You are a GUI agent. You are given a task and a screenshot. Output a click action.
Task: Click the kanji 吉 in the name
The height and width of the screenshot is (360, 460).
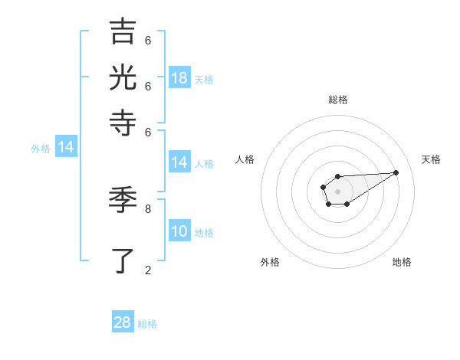click(123, 32)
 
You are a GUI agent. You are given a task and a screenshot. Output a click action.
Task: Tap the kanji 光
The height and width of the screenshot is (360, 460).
click(123, 78)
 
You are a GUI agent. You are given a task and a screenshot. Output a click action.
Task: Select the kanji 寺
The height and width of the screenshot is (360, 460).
click(123, 123)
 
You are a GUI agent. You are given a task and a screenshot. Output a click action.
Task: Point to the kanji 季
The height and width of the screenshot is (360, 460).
click(123, 201)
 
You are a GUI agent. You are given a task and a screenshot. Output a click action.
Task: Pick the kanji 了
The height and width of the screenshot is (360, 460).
click(123, 260)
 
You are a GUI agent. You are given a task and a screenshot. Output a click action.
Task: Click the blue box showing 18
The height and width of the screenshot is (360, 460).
click(179, 78)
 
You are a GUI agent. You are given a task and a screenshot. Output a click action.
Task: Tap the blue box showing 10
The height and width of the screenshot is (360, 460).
click(179, 232)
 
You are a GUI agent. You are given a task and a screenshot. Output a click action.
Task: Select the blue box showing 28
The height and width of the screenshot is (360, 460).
click(123, 322)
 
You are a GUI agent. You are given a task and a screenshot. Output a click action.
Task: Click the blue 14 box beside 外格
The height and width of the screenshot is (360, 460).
click(65, 148)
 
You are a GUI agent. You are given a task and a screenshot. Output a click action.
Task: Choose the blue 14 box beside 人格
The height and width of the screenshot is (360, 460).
click(179, 162)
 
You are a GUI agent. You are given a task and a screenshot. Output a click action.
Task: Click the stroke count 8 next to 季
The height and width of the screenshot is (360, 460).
click(148, 208)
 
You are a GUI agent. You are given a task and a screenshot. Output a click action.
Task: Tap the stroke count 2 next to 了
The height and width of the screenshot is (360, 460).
click(148, 269)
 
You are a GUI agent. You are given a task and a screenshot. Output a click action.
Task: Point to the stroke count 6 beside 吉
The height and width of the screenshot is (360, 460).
click(148, 40)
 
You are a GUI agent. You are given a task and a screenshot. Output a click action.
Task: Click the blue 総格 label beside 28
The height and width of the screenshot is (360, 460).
click(147, 324)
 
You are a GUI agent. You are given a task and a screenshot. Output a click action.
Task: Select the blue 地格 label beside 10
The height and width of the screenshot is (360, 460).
click(204, 233)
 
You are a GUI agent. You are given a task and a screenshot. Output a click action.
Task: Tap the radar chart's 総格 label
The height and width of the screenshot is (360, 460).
click(338, 100)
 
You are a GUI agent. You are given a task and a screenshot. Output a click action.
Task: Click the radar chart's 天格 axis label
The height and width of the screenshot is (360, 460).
click(431, 159)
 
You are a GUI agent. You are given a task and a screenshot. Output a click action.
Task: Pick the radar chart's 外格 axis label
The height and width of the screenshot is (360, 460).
click(270, 262)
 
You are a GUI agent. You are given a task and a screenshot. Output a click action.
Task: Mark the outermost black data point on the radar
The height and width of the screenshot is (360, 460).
click(396, 172)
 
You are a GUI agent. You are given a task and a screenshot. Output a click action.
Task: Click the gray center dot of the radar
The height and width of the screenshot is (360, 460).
click(337, 190)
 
